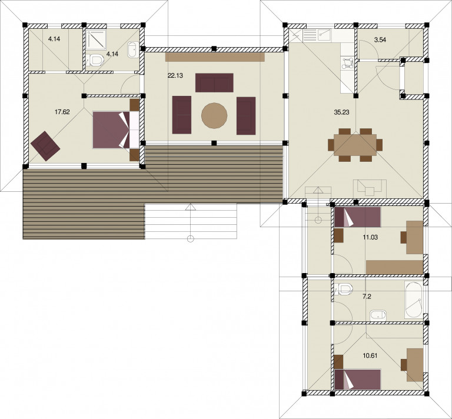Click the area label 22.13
pyautogui.click(x=175, y=76)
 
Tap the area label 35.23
pyautogui.click(x=341, y=112)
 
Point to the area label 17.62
pyautogui.click(x=62, y=112)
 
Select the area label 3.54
pyautogui.click(x=380, y=40)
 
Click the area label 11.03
pyautogui.click(x=370, y=237)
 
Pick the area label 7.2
pyautogui.click(x=367, y=297)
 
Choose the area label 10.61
pyautogui.click(x=370, y=355)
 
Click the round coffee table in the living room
pyautogui.click(x=214, y=115)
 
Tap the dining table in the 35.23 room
pyautogui.click(x=355, y=145)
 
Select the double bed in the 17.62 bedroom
pyautogui.click(x=116, y=130)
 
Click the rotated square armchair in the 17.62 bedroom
pyautogui.click(x=45, y=145)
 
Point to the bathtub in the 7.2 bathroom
pyautogui.click(x=414, y=300)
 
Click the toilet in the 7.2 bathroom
pyautogui.click(x=345, y=290)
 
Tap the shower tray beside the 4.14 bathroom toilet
pyautogui.click(x=97, y=39)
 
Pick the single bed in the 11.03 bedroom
pyautogui.click(x=358, y=217)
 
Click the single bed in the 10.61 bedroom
pyautogui.click(x=358, y=379)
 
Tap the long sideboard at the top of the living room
pyautogui.click(x=215, y=56)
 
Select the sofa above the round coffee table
pyautogui.click(x=214, y=83)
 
